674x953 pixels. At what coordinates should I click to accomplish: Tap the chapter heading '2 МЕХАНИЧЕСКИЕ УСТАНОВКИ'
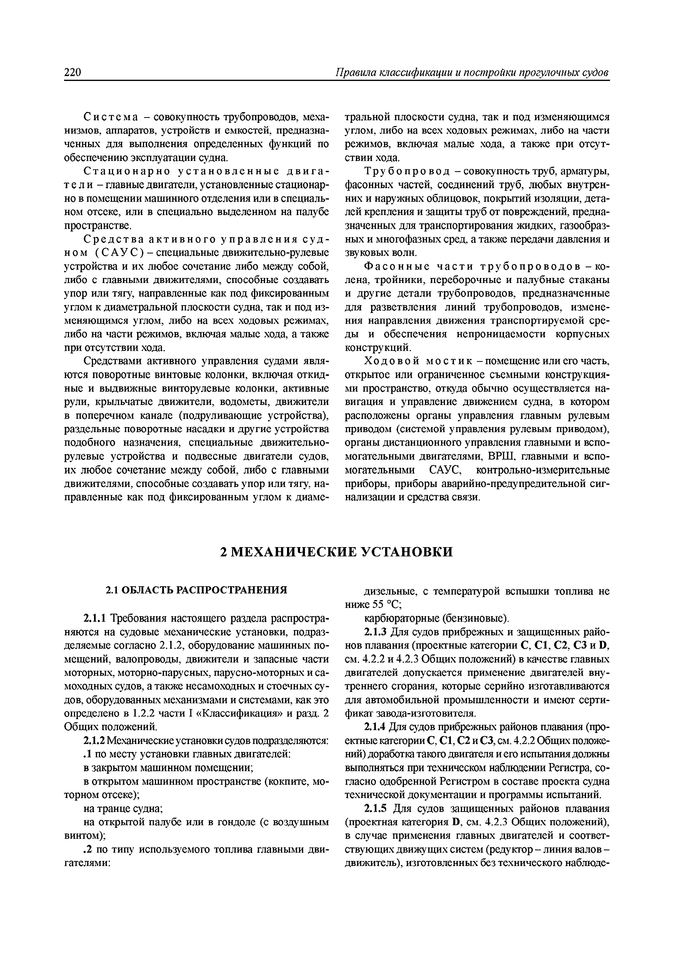(336, 552)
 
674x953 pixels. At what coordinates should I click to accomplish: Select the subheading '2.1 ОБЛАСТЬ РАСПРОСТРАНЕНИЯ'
(196, 590)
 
